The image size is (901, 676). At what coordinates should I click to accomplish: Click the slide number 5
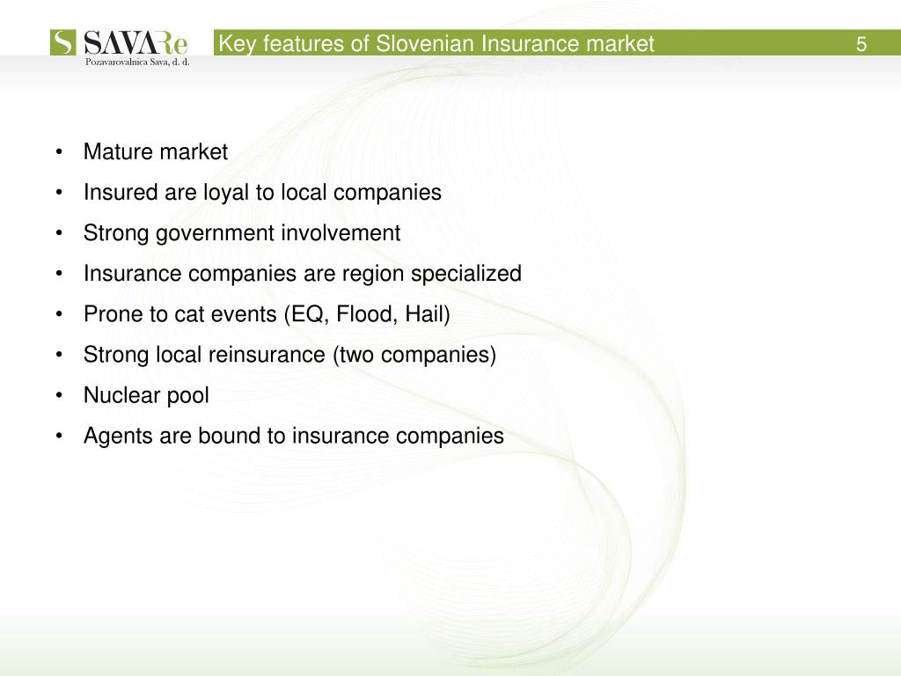(x=861, y=44)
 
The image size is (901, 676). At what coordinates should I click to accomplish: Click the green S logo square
(x=63, y=43)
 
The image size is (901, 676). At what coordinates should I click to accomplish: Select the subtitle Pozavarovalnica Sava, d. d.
(x=137, y=62)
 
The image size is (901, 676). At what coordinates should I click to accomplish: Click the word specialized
(x=475, y=274)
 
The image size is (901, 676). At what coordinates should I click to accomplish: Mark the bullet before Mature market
(x=58, y=152)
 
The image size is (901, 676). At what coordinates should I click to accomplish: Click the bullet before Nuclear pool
(x=58, y=395)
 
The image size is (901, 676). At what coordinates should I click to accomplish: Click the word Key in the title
(x=236, y=44)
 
